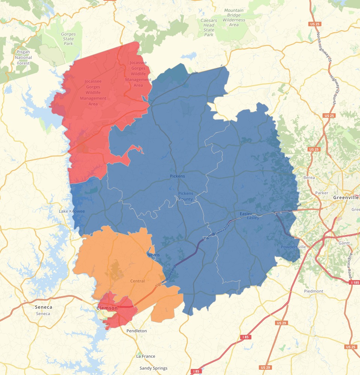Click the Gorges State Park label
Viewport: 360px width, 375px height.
point(68,39)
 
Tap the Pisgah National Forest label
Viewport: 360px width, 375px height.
point(23,57)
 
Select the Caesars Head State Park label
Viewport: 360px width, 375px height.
point(209,27)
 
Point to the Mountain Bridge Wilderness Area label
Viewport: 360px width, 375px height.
point(233,18)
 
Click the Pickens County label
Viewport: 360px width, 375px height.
point(186,196)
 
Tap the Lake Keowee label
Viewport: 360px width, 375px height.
point(72,211)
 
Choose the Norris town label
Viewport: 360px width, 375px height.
point(153,255)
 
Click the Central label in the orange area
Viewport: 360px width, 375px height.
point(137,281)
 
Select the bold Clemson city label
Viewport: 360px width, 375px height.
point(107,308)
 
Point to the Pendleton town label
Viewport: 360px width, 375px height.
point(136,331)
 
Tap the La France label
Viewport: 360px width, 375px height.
point(146,356)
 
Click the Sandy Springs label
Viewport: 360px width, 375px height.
point(153,368)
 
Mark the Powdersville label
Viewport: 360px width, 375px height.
point(293,247)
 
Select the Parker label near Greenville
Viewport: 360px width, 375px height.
point(321,193)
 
